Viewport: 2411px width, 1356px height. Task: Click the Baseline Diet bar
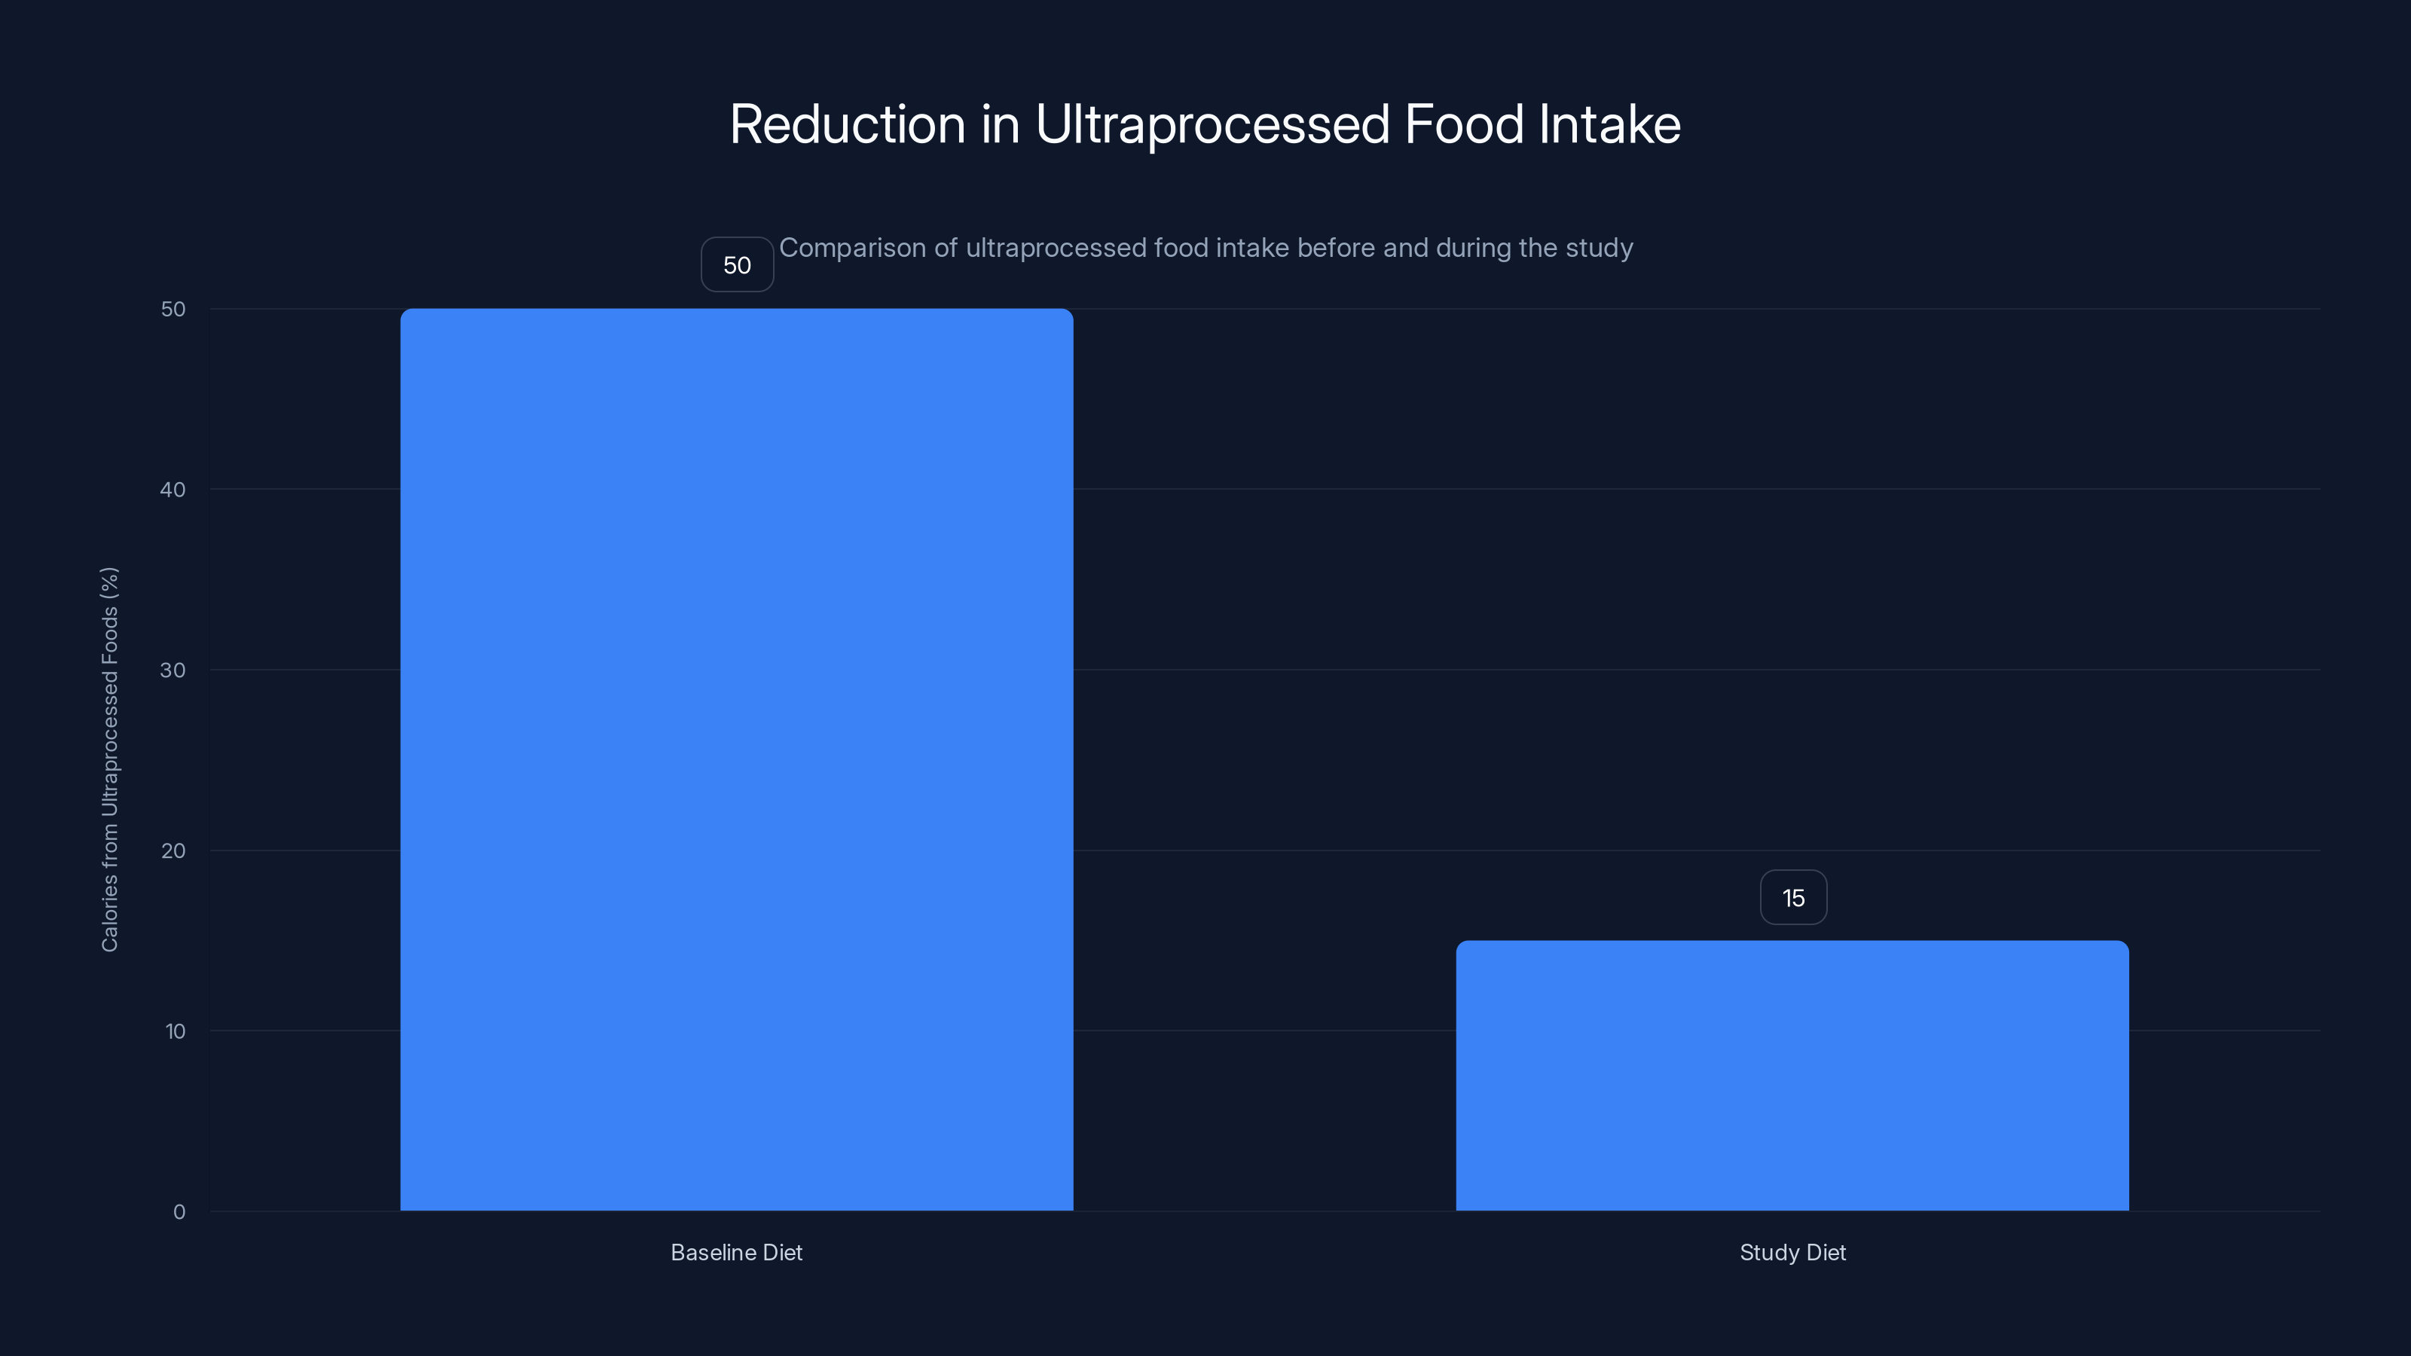(x=737, y=759)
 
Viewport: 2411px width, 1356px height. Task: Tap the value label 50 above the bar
(x=737, y=265)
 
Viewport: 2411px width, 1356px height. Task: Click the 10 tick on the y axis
(x=175, y=1031)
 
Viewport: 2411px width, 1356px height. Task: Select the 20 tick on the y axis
(x=173, y=851)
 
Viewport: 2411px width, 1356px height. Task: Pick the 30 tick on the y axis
(x=173, y=670)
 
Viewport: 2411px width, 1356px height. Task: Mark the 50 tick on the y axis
(x=173, y=309)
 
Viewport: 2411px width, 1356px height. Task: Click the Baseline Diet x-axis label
(x=737, y=1252)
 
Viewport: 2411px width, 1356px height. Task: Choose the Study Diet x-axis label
(x=1792, y=1252)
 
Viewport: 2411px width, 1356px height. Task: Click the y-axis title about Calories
(x=109, y=759)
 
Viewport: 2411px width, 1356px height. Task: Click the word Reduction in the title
(x=847, y=124)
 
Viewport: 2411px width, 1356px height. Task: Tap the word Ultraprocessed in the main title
(x=1212, y=124)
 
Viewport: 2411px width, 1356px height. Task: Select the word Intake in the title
(x=1610, y=124)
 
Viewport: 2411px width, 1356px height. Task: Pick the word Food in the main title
(x=1464, y=124)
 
